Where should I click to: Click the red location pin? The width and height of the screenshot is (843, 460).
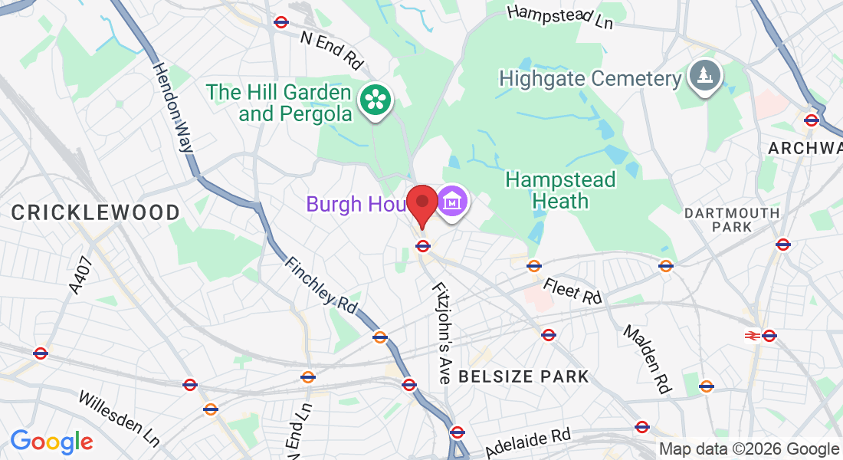421,203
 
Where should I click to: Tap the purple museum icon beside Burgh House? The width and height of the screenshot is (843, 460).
452,202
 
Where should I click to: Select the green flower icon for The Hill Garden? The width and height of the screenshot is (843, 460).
376,99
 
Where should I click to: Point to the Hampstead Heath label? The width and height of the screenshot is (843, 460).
561,190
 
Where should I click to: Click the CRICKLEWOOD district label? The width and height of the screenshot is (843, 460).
96,212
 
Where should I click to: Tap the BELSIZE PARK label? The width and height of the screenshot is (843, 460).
523,376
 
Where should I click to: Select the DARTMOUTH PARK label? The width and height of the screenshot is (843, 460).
732,219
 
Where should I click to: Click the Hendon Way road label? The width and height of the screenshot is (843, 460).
172,107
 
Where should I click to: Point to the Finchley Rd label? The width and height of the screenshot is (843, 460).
320,284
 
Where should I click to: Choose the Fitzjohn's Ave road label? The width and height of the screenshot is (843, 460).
442,333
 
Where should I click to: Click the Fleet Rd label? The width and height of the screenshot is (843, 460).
573,291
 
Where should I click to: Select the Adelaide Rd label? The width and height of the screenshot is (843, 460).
529,442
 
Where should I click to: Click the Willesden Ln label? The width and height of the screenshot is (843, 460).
120,419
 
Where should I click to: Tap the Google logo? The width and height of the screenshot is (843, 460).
51,442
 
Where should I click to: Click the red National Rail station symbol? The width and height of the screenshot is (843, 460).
753,335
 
